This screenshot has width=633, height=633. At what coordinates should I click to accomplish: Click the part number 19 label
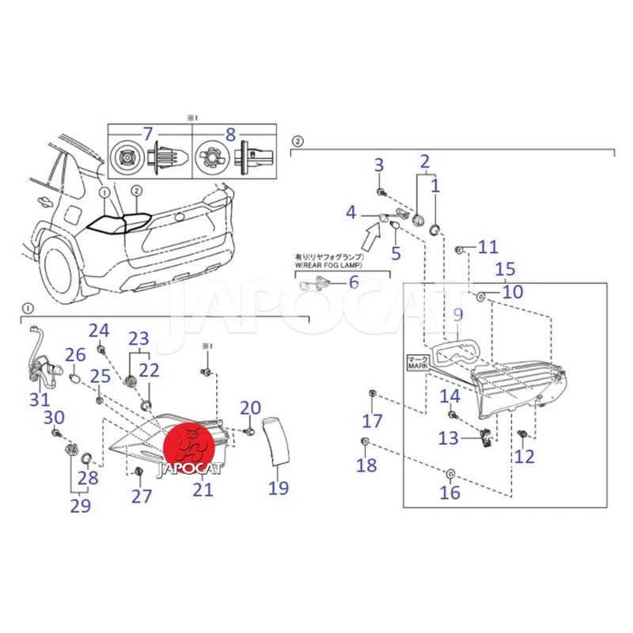[x=278, y=487]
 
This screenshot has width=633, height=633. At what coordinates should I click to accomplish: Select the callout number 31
[x=40, y=400]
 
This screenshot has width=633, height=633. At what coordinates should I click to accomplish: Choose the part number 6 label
[x=353, y=282]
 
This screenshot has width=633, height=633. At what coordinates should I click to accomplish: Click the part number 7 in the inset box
[x=147, y=135]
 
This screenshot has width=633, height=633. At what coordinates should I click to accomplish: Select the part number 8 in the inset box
[x=230, y=135]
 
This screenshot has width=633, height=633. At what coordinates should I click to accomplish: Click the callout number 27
[x=141, y=496]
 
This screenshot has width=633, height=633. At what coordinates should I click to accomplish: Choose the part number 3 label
[x=379, y=165]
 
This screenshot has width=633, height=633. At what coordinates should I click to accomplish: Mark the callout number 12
[x=524, y=456]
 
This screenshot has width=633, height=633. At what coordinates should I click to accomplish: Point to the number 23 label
[x=138, y=338]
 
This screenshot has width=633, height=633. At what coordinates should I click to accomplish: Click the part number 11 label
[x=488, y=247]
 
